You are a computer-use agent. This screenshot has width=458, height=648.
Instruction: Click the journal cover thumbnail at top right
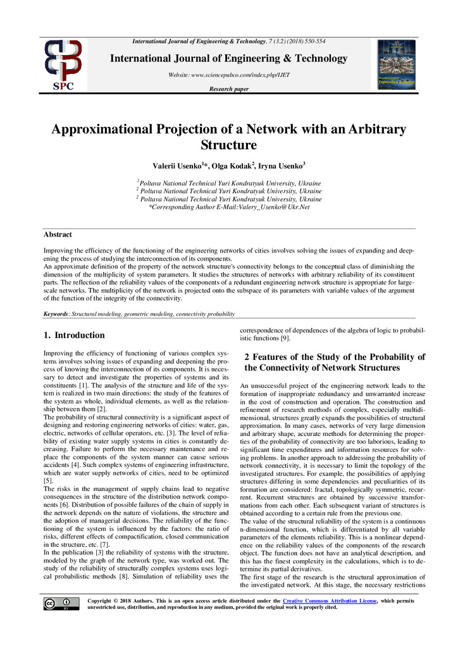point(396,65)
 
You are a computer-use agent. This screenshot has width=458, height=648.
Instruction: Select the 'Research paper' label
point(228,89)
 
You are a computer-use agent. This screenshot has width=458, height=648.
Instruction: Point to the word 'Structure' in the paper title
point(228,145)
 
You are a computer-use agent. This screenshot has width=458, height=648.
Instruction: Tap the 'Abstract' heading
point(58,234)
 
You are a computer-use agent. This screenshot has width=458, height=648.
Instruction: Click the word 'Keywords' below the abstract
point(56,314)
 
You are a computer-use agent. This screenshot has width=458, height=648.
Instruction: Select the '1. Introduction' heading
point(73,335)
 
